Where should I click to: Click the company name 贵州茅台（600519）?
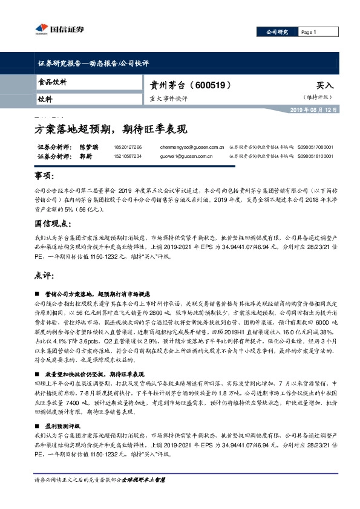click(x=191, y=86)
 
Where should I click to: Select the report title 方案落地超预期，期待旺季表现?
click(x=110, y=129)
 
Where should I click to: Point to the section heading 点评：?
click(x=45, y=274)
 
